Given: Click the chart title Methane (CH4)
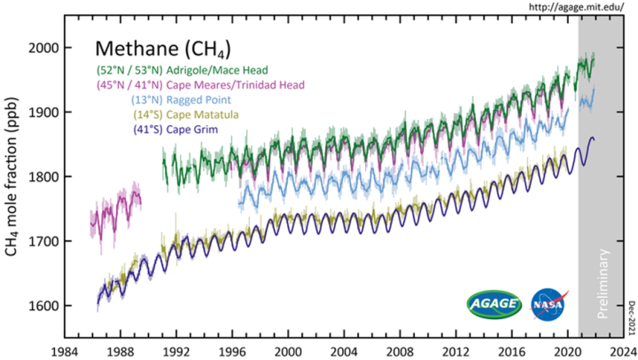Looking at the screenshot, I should coord(164,48).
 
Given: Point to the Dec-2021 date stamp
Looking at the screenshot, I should coord(632,315).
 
